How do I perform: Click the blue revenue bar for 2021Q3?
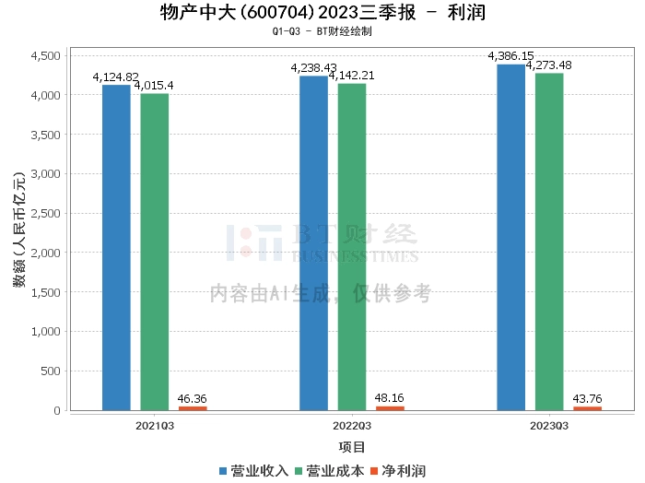coord(116,248)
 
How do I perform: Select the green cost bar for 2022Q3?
coord(352,247)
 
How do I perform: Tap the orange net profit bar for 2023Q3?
coord(588,408)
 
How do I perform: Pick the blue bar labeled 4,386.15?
coord(510,238)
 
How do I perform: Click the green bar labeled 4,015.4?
coord(154,252)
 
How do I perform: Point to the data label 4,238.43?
coord(314,68)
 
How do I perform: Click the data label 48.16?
coord(389,398)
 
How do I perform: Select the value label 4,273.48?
coord(549,65)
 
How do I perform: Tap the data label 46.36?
coord(192,399)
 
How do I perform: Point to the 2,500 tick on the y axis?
coord(46,213)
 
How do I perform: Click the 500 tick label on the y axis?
coord(51,371)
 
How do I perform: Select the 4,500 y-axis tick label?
coord(46,55)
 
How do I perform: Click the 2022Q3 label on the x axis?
coord(352,426)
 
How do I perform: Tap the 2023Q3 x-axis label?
coord(549,426)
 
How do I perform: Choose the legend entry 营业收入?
coord(253,471)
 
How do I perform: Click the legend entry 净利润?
coord(398,471)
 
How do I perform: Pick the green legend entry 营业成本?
coord(330,471)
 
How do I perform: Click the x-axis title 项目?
coord(352,447)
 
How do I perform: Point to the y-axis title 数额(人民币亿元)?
coord(19,230)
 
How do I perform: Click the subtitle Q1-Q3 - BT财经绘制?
coord(322,31)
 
